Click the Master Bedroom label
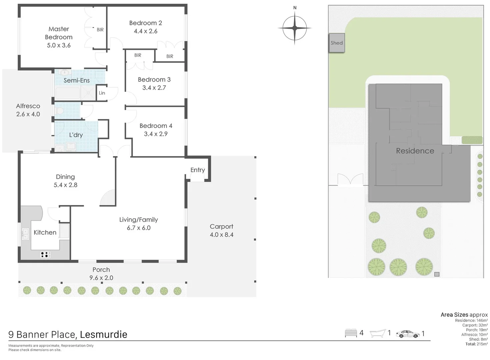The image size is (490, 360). coord(59,33)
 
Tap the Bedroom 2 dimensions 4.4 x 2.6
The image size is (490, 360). coord(146,31)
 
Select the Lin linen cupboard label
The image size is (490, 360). coord(102,93)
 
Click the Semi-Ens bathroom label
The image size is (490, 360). coord(77,80)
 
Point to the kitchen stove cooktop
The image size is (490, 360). coord(45,254)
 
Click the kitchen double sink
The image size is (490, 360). coord(25,234)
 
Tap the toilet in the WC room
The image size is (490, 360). coord(59,111)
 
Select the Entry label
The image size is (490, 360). coord(198,170)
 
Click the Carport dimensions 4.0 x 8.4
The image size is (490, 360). coord(222,235)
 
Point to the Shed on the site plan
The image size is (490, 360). coord(337,43)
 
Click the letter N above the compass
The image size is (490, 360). coord(295,8)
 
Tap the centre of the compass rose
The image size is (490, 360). coord(295,28)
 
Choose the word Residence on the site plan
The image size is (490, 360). coord(415,151)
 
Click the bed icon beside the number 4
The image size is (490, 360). coord(351,333)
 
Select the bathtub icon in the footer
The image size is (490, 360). coord(378,333)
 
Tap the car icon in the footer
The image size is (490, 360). coord(408,334)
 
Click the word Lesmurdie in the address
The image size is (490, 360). coord(103,334)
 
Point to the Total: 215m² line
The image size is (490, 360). coord(476,344)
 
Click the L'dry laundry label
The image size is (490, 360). coord(76,135)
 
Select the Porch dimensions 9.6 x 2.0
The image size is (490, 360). coord(101,278)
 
